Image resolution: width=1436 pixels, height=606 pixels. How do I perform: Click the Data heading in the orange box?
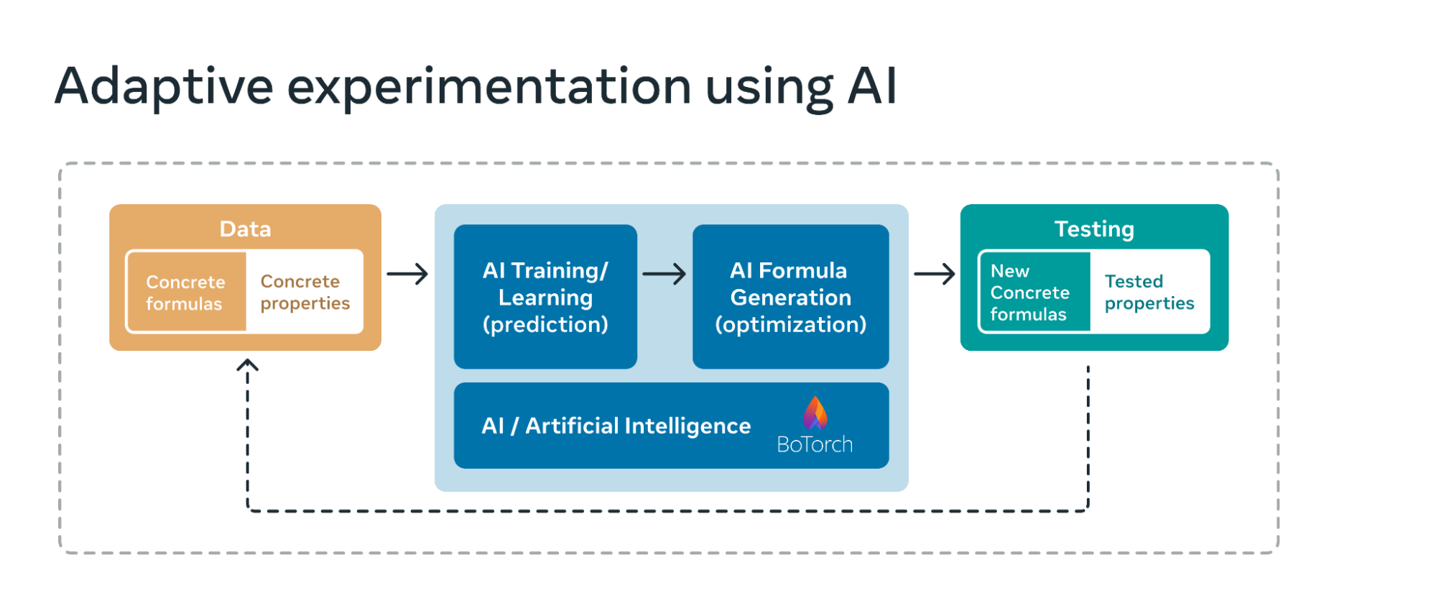click(245, 229)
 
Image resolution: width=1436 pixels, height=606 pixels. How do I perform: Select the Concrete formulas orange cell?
click(186, 293)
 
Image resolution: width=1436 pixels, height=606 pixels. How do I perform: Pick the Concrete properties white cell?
click(305, 293)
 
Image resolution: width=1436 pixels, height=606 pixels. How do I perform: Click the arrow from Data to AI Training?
click(407, 274)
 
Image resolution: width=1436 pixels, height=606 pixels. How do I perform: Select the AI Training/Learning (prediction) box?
click(545, 297)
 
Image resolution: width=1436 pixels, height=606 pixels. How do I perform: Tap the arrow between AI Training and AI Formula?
click(664, 274)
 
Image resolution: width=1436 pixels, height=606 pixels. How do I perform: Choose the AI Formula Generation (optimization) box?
click(790, 297)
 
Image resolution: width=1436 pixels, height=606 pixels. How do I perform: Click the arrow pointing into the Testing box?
click(934, 274)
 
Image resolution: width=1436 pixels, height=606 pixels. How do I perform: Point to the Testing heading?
click(1094, 229)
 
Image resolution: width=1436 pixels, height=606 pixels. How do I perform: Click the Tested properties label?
click(1149, 293)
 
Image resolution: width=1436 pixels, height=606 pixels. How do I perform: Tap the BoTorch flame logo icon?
click(815, 413)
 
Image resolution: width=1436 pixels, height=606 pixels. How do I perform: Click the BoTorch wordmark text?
click(815, 445)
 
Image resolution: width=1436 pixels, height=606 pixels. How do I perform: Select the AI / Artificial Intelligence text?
click(616, 426)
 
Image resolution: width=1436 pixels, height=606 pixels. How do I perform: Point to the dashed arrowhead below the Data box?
click(248, 366)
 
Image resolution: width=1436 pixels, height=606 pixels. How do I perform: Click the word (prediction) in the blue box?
click(545, 325)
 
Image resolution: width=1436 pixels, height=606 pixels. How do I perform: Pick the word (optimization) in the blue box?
click(790, 325)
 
